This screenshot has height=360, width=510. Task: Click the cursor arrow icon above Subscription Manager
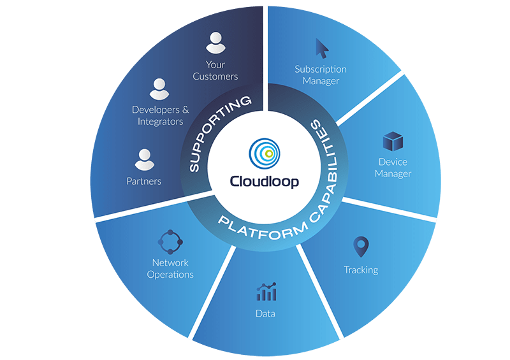tap(323, 48)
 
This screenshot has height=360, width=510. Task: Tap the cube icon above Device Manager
tap(391, 142)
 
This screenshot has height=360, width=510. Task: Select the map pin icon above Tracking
tap(361, 247)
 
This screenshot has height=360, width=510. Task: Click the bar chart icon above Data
tap(266, 292)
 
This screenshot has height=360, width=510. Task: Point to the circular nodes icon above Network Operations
tap(170, 241)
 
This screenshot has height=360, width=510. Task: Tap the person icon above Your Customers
tap(214, 44)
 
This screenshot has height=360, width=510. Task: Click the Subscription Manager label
tap(321, 75)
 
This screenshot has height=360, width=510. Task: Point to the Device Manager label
tap(393, 168)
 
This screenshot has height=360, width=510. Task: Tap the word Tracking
tap(361, 270)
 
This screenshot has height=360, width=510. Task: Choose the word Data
tap(265, 313)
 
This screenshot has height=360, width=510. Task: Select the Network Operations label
tap(170, 268)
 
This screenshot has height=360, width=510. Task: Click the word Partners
tap(143, 181)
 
